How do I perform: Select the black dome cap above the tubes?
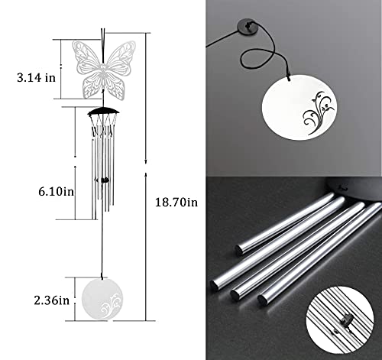pos(104,112)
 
